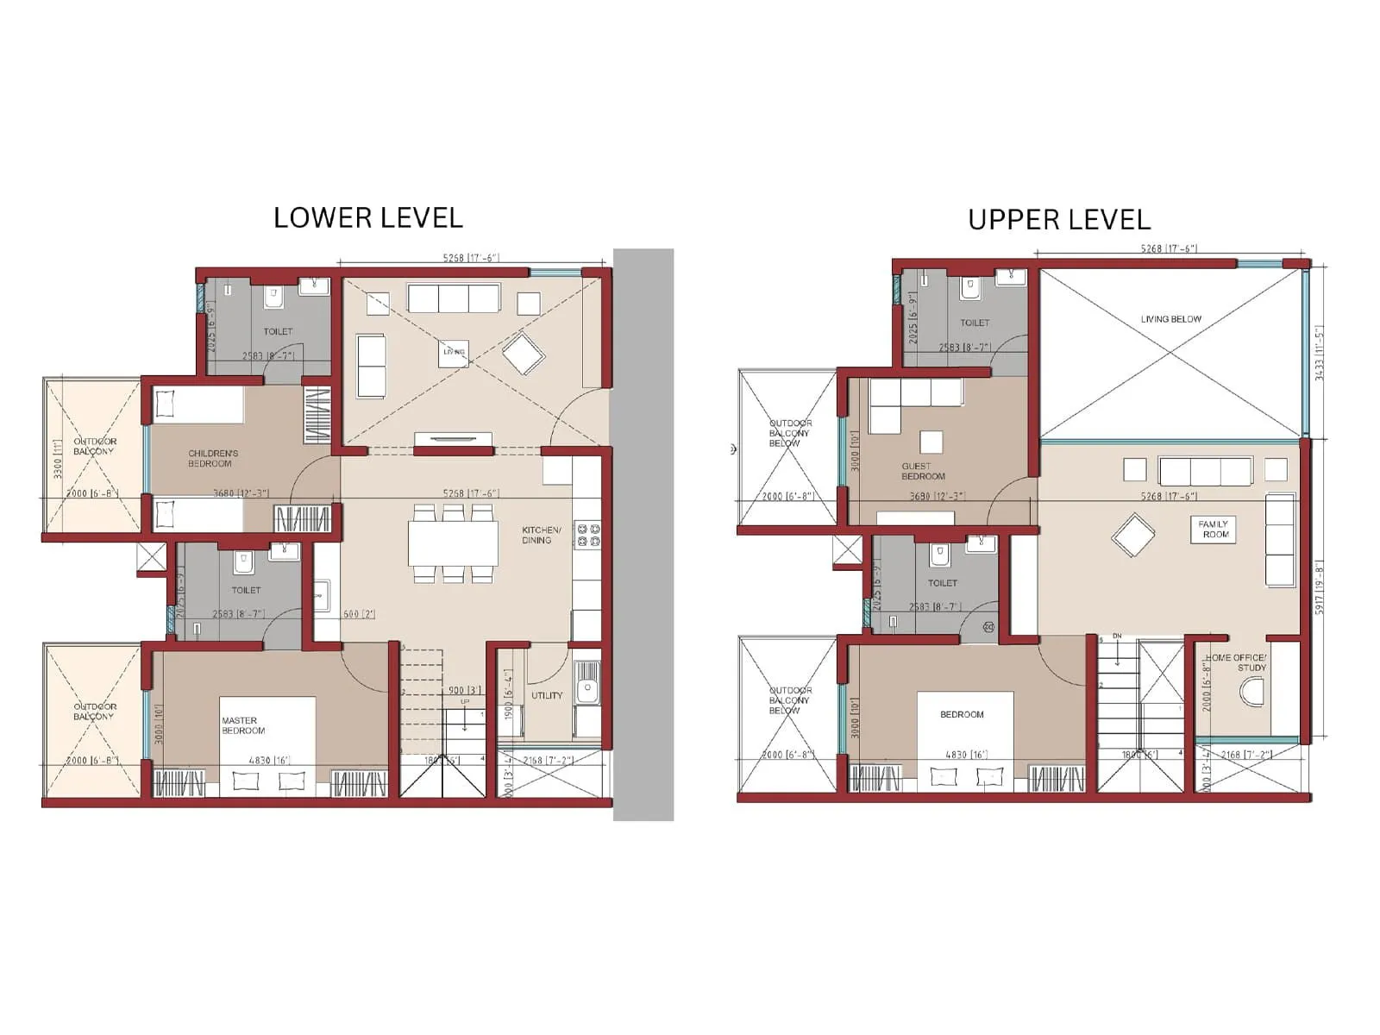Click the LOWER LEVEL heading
pyautogui.click(x=368, y=218)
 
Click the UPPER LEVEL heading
pyautogui.click(x=1059, y=220)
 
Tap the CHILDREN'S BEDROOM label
pyautogui.click(x=212, y=458)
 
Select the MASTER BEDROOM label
pyautogui.click(x=242, y=725)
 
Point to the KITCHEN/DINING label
pyautogui.click(x=541, y=535)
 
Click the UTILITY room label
pyautogui.click(x=547, y=695)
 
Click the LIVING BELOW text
pyautogui.click(x=1170, y=319)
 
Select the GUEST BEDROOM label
pyautogui.click(x=922, y=471)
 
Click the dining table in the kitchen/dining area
pyautogui.click(x=453, y=544)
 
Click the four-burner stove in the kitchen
pyautogui.click(x=588, y=535)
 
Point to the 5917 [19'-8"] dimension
pyautogui.click(x=1318, y=586)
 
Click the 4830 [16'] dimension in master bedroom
pyautogui.click(x=269, y=761)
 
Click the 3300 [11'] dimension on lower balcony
pyautogui.click(x=58, y=458)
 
